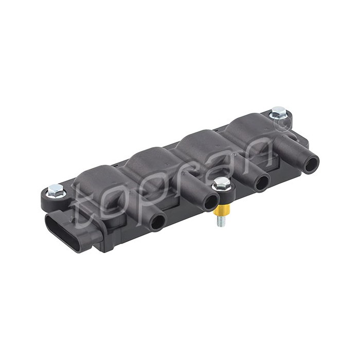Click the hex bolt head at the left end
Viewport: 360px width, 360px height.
pyautogui.click(x=56, y=191)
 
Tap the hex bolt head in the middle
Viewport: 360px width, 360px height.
pyautogui.click(x=221, y=184)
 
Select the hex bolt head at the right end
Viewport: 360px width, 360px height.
pyautogui.click(x=278, y=113)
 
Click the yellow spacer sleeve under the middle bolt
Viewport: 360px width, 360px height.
pyautogui.click(x=222, y=210)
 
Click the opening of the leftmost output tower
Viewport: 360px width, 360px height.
pyautogui.click(x=158, y=222)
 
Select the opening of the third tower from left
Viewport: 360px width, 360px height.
pyautogui.click(x=262, y=182)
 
